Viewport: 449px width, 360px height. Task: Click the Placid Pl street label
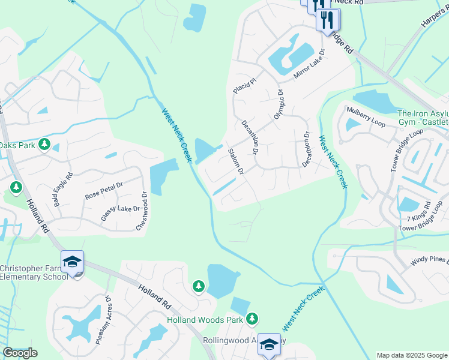tap(245, 84)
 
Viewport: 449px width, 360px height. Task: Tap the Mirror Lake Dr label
tap(309, 65)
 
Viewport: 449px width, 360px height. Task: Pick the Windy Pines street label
tap(429, 260)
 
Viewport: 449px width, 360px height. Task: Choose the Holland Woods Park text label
tap(205, 320)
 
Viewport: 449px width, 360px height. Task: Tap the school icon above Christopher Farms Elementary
tap(72, 262)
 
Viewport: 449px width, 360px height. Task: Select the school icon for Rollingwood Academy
tap(269, 344)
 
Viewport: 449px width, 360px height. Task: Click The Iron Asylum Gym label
tap(423, 118)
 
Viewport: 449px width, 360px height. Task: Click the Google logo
tap(20, 352)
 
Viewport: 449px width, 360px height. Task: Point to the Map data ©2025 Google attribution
tap(412, 355)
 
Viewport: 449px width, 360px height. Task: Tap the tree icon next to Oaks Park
tap(44, 144)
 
